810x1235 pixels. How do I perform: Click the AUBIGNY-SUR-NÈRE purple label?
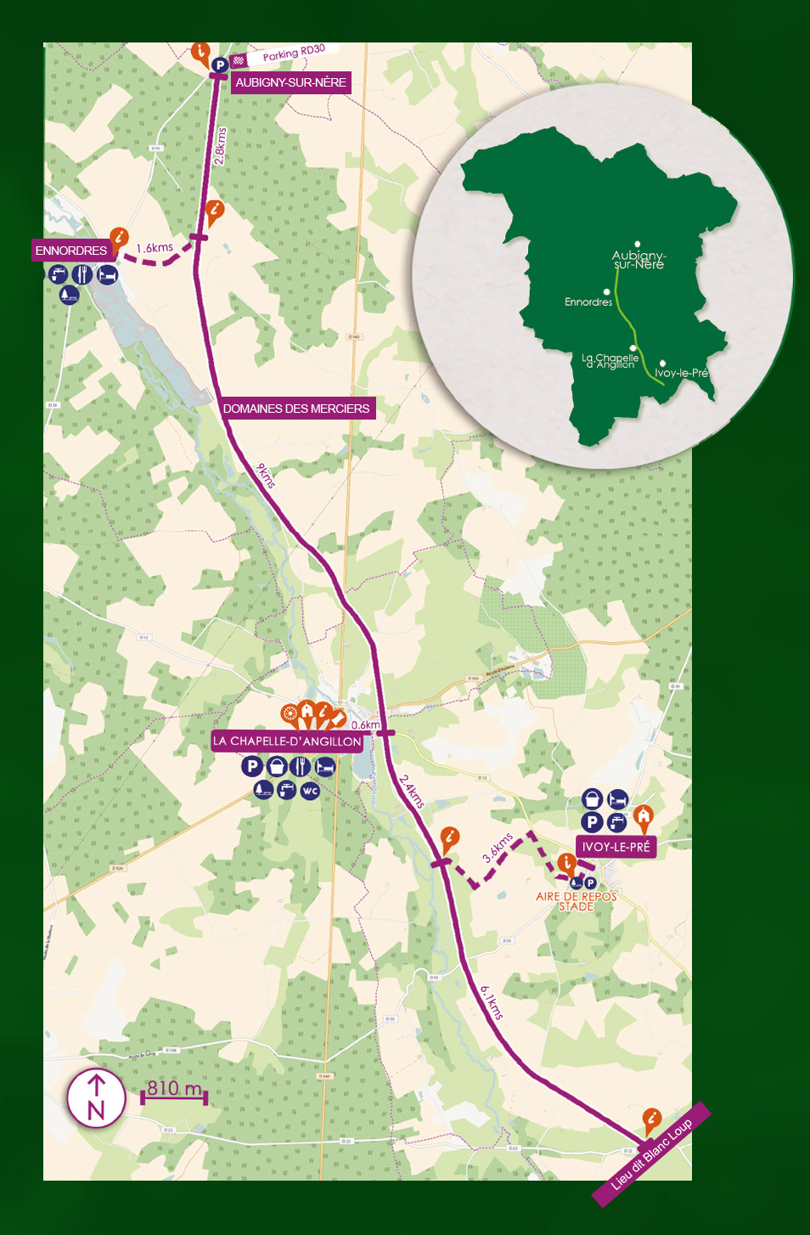pyautogui.click(x=290, y=82)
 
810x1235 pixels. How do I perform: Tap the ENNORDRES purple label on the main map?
pyautogui.click(x=71, y=251)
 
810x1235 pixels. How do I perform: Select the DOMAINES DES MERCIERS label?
pyautogui.click(x=295, y=409)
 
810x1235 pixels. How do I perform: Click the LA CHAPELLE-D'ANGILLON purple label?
pyautogui.click(x=287, y=741)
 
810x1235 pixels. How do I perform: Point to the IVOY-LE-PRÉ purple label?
pyautogui.click(x=616, y=847)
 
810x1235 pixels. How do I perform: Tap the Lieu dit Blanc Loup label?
pyautogui.click(x=651, y=1153)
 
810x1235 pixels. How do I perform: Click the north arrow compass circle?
pyautogui.click(x=96, y=1098)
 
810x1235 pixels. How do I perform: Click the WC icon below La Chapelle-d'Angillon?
pyautogui.click(x=310, y=791)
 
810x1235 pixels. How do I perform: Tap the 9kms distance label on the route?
pyautogui.click(x=266, y=476)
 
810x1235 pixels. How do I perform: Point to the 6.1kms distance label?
pyautogui.click(x=492, y=1002)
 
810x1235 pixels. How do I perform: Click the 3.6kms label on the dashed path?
pyautogui.click(x=498, y=848)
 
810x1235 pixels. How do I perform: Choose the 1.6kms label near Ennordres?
pyautogui.click(x=155, y=248)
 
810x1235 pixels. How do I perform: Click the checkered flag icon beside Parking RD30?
pyautogui.click(x=239, y=60)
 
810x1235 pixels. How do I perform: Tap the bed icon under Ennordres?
pyautogui.click(x=107, y=274)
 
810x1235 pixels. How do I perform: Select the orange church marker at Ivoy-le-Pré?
pyautogui.click(x=644, y=817)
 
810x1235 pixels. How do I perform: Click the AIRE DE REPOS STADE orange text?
pyautogui.click(x=576, y=901)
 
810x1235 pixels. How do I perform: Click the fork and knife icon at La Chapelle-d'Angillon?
pyautogui.click(x=300, y=767)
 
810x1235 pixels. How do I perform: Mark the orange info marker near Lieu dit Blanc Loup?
pyautogui.click(x=651, y=1119)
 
